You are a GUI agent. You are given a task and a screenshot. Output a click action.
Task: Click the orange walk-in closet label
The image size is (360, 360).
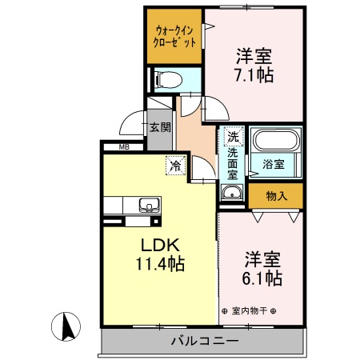(173, 37)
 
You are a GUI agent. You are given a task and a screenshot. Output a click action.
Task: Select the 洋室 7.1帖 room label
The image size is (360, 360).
(254, 66)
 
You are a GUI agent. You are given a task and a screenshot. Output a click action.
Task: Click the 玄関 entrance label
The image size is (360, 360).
(159, 126)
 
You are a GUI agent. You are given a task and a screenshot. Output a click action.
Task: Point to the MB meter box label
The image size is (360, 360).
(124, 146)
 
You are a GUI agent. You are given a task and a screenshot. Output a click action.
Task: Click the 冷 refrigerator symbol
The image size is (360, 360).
(174, 166)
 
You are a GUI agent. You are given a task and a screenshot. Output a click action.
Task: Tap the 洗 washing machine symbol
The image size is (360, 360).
(232, 136)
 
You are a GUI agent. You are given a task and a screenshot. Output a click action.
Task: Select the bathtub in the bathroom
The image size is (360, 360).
(274, 143)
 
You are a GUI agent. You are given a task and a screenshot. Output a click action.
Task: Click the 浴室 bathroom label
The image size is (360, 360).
(274, 164)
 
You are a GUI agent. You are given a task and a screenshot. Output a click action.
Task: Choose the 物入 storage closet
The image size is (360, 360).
(275, 195)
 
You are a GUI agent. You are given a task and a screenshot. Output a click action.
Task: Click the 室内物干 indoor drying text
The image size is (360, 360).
(248, 310)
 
